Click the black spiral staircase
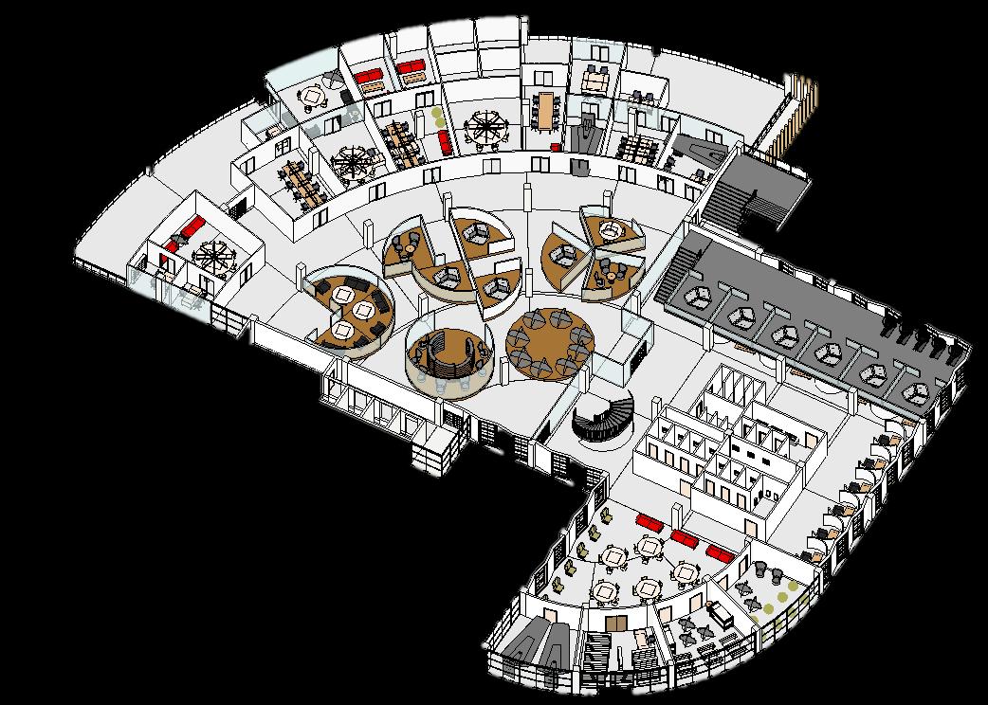pos(603,418)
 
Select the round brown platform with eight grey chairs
pos(550,342)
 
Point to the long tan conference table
pos(545,111)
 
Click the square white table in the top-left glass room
pos(313,95)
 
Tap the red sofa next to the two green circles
pos(445,143)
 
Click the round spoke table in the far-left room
pos(210,256)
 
